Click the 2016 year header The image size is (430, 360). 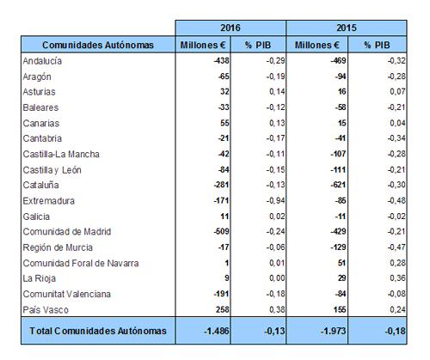pos(230,27)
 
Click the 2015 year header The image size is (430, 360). pos(347,27)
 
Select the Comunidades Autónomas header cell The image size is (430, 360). pos(98,45)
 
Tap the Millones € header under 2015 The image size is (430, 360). pos(316,45)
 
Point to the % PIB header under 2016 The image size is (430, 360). pos(258,45)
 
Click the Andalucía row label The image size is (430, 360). pos(42,61)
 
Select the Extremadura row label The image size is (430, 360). pos(49,201)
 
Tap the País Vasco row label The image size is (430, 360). pos(46,309)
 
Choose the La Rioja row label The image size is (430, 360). pos(40,278)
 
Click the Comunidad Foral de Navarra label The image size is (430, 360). pos(81,263)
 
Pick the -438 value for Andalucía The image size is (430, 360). pos(221,60)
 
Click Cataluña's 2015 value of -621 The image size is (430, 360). pos(338,185)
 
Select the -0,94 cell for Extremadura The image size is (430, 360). pos(275,201)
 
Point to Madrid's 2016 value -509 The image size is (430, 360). pos(221,231)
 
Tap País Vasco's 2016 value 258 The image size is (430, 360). pos(223,309)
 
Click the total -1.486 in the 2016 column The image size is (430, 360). pos(217,331)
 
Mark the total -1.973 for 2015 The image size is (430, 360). pos(333,331)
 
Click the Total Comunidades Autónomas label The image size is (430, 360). pos(98,331)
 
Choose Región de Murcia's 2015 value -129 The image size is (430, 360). pos(338,247)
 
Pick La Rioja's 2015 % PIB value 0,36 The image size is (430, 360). pos(397,278)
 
